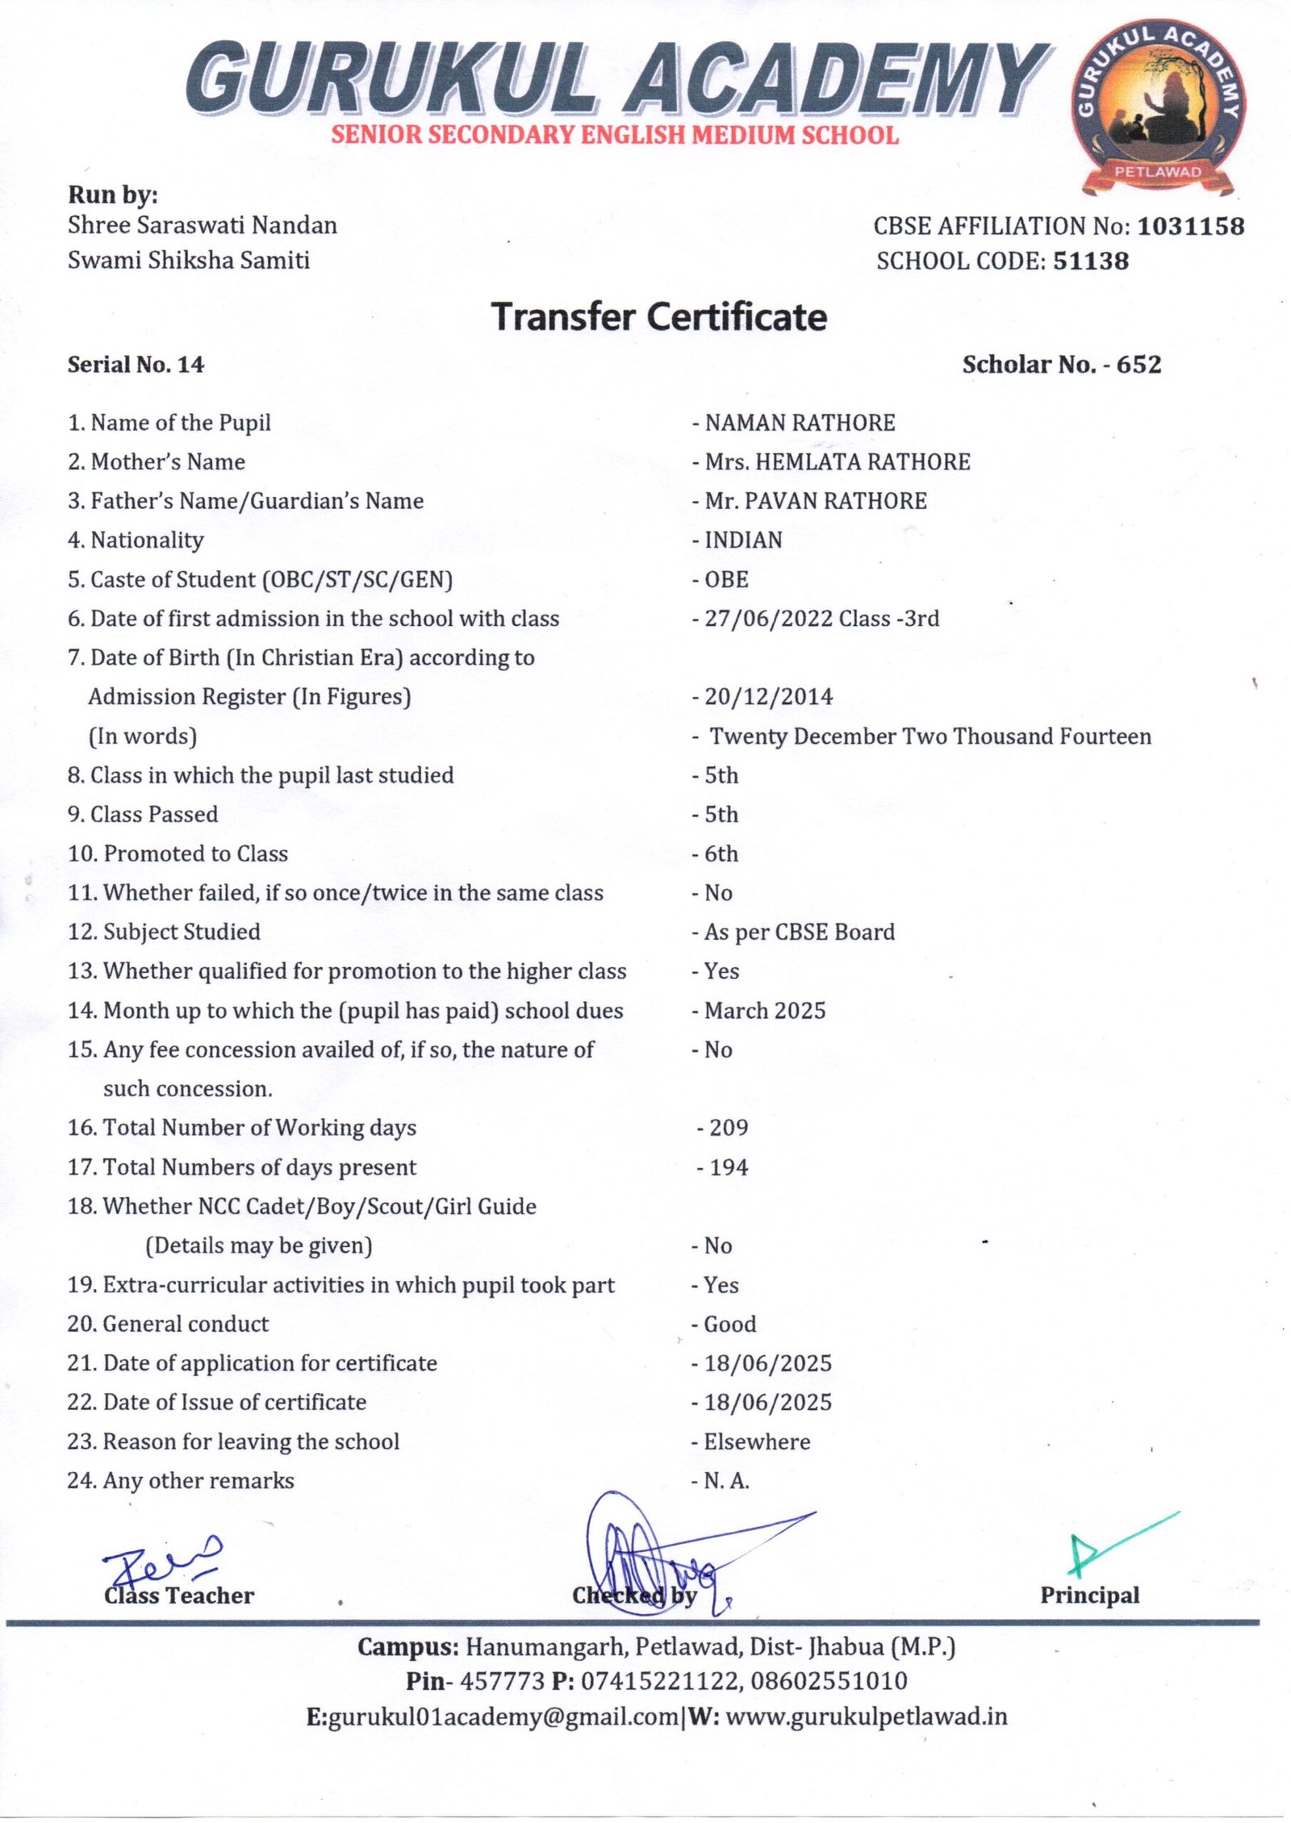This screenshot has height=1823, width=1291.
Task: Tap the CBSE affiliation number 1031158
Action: (1191, 226)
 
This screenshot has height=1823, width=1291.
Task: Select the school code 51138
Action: (1091, 261)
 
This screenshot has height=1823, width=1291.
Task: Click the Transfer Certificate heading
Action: (659, 316)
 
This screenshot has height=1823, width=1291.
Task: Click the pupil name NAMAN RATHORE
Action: (800, 423)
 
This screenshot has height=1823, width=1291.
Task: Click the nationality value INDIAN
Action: (743, 540)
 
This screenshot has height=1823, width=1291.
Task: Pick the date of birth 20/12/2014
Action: (768, 697)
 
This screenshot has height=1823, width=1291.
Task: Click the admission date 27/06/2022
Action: (768, 619)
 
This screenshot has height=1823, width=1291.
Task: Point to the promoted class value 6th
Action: (721, 853)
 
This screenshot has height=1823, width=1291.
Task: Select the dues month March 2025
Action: (765, 1011)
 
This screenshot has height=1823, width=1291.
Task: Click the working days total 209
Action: (729, 1128)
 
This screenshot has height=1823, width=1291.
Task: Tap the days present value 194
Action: (729, 1167)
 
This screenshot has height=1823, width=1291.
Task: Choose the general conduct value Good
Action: (730, 1324)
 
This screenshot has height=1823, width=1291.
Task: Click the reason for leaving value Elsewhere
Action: (757, 1441)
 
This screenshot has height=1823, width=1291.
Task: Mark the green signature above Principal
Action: (1109, 1545)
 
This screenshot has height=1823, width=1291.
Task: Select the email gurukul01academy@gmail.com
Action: (503, 1717)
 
